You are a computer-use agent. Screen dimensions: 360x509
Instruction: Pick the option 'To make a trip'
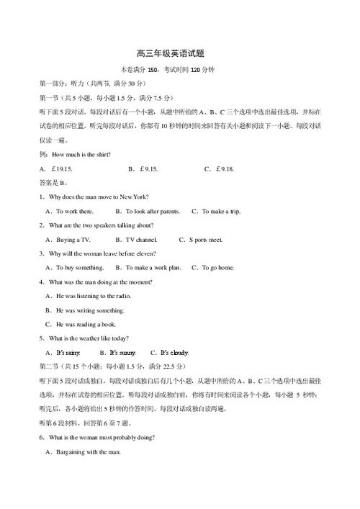[x=220, y=211]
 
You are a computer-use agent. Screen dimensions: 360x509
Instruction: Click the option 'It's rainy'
[x=68, y=353]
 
